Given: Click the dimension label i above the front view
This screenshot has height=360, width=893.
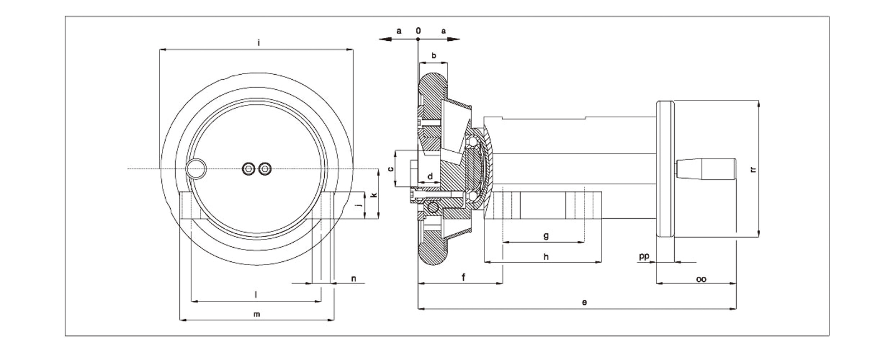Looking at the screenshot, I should pos(258,42).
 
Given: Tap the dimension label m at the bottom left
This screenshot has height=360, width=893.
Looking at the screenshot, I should pos(257,314).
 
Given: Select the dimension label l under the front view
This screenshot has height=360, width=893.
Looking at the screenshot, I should pos(256,294).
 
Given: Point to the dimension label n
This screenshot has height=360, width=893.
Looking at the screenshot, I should pos(353,278).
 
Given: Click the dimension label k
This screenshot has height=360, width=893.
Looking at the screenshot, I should pos(375,195).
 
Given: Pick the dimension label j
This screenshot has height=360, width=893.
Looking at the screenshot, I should pos(359,205).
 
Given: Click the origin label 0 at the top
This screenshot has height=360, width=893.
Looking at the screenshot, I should pos(418,31).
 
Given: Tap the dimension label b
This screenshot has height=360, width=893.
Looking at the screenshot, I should pos(434,56).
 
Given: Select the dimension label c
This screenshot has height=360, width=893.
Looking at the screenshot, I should pos(391,168).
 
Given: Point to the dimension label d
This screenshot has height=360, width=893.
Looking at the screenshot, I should pos(430,176).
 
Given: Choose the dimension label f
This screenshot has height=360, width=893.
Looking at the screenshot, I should pos(464,277).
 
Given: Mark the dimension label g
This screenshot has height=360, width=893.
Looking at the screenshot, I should pos(546,236).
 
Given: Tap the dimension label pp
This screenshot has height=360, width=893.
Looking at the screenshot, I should pos(644,256).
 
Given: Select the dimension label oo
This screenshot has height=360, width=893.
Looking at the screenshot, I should pos(702,279).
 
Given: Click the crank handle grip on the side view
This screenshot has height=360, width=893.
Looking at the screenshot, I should pos(707,167).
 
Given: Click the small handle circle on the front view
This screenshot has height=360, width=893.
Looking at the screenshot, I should pos(196,167).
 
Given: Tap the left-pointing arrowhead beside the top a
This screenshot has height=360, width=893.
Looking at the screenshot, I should pos(383,39).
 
